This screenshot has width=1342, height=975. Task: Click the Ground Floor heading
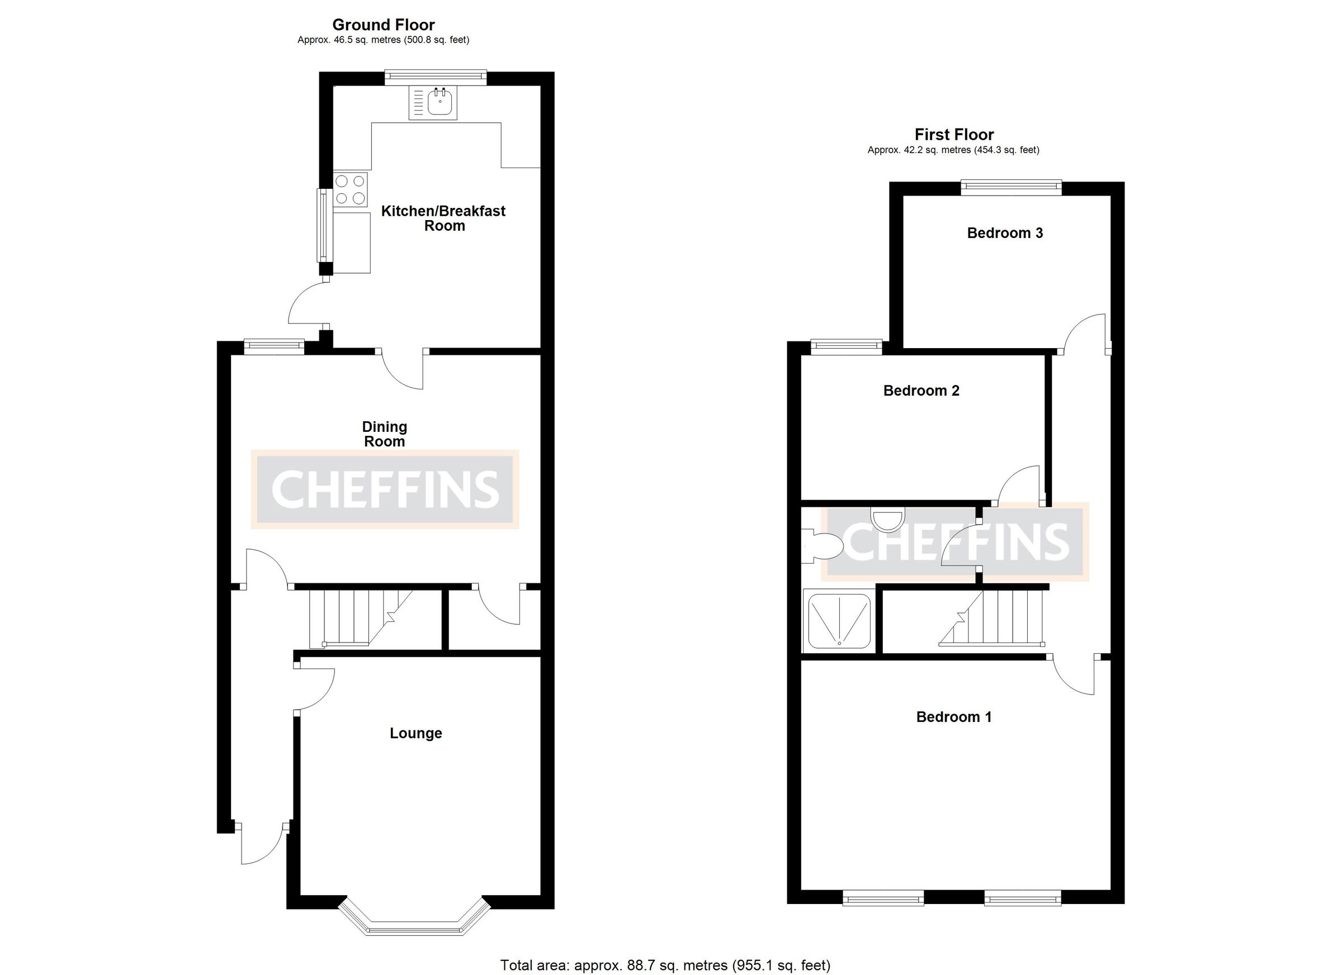[384, 25]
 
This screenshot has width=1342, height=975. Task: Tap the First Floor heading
[954, 135]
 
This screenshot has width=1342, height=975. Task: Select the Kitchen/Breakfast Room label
[443, 218]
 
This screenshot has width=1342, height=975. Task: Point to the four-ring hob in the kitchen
[350, 190]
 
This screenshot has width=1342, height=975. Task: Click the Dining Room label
[385, 434]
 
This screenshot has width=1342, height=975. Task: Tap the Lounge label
[415, 733]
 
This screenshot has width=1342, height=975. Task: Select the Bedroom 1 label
[954, 717]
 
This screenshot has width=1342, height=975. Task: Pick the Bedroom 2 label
[922, 391]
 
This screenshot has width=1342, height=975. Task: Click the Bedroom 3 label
[1005, 233]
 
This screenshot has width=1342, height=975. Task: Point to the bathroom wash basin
[888, 519]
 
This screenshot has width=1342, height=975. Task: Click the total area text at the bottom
[665, 966]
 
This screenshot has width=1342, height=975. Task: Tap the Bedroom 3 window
[1010, 188]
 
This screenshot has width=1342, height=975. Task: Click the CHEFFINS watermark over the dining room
[385, 489]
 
